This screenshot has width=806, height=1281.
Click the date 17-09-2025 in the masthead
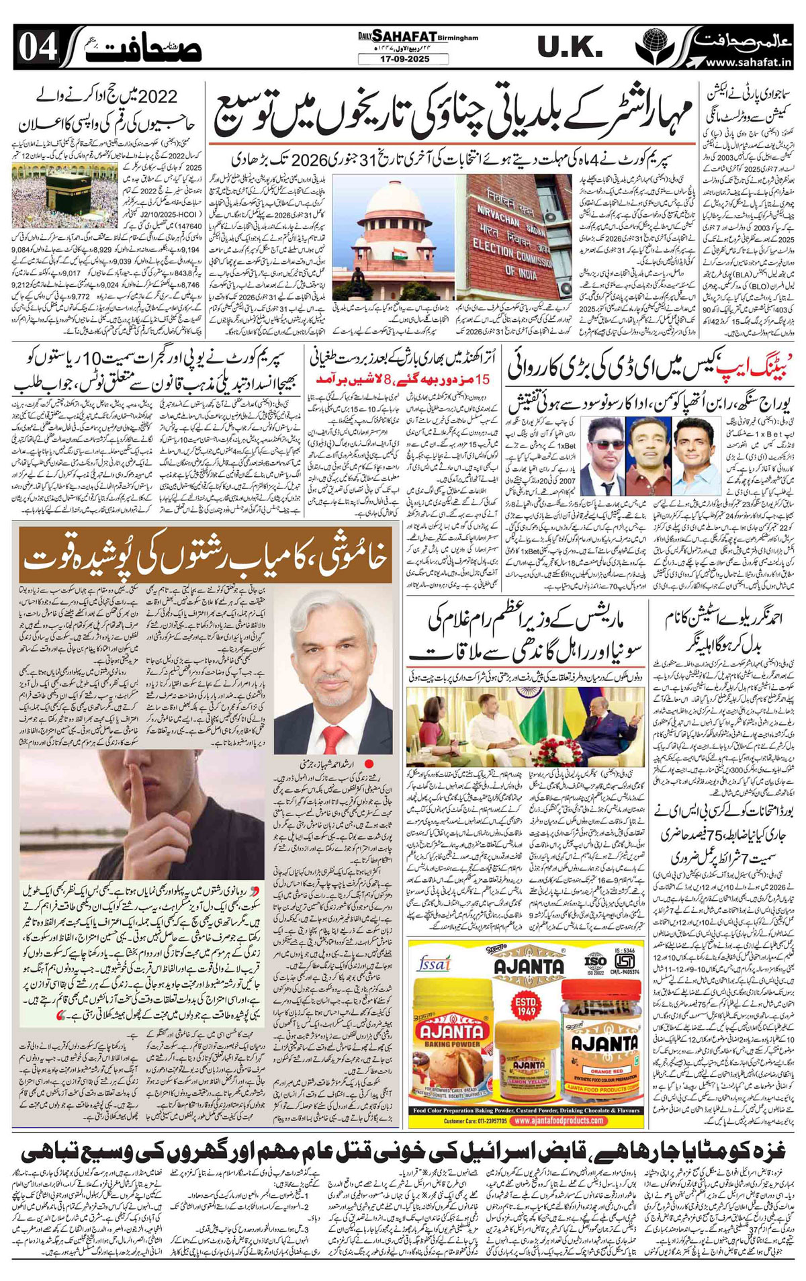(403, 60)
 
